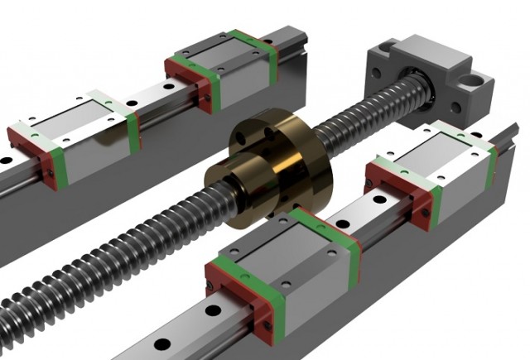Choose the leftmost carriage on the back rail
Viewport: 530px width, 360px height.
tap(79, 132)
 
